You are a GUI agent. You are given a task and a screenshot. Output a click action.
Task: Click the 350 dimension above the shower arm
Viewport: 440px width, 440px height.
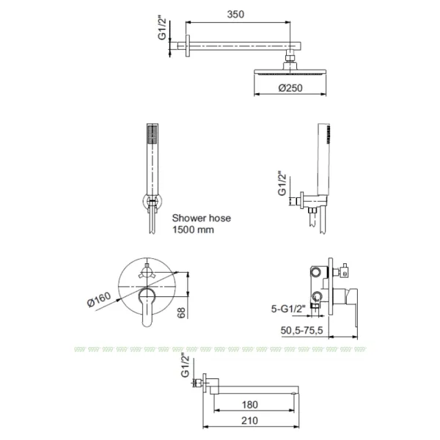235,15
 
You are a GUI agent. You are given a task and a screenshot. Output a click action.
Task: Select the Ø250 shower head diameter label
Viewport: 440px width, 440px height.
290,88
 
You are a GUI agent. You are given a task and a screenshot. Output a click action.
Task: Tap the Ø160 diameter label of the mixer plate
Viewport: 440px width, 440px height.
99,299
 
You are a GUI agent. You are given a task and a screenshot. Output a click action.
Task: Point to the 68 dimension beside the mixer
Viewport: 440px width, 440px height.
182,312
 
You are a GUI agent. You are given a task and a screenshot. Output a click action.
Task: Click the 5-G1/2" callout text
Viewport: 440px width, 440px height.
288,309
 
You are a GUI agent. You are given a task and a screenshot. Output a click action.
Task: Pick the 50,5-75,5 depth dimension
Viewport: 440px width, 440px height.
301,330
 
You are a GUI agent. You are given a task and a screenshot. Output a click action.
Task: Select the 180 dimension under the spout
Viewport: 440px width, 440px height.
250,405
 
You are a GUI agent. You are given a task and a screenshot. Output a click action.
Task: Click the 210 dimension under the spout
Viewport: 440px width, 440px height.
250,420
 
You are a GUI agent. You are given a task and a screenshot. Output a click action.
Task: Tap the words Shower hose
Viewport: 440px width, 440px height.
202,218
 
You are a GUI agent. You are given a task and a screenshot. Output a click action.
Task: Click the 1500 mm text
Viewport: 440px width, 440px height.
193,230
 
